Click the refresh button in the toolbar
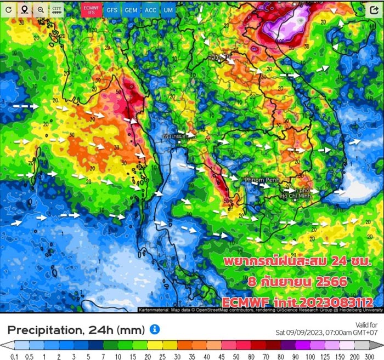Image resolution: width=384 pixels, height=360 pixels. coord(9,10)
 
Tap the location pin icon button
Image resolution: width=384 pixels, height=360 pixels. coord(25,10)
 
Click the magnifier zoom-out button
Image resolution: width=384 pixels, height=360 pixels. coord(41,10)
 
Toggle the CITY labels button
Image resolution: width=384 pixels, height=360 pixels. coord(57,10)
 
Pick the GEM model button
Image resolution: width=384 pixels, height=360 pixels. coord(131,10)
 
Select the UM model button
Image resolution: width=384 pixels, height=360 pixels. coord(169,10)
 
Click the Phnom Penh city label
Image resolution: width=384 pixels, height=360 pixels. coord(247,180)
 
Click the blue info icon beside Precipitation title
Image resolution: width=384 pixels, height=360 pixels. coord(155,329)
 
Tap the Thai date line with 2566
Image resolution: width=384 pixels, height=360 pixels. coord(296,282)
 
